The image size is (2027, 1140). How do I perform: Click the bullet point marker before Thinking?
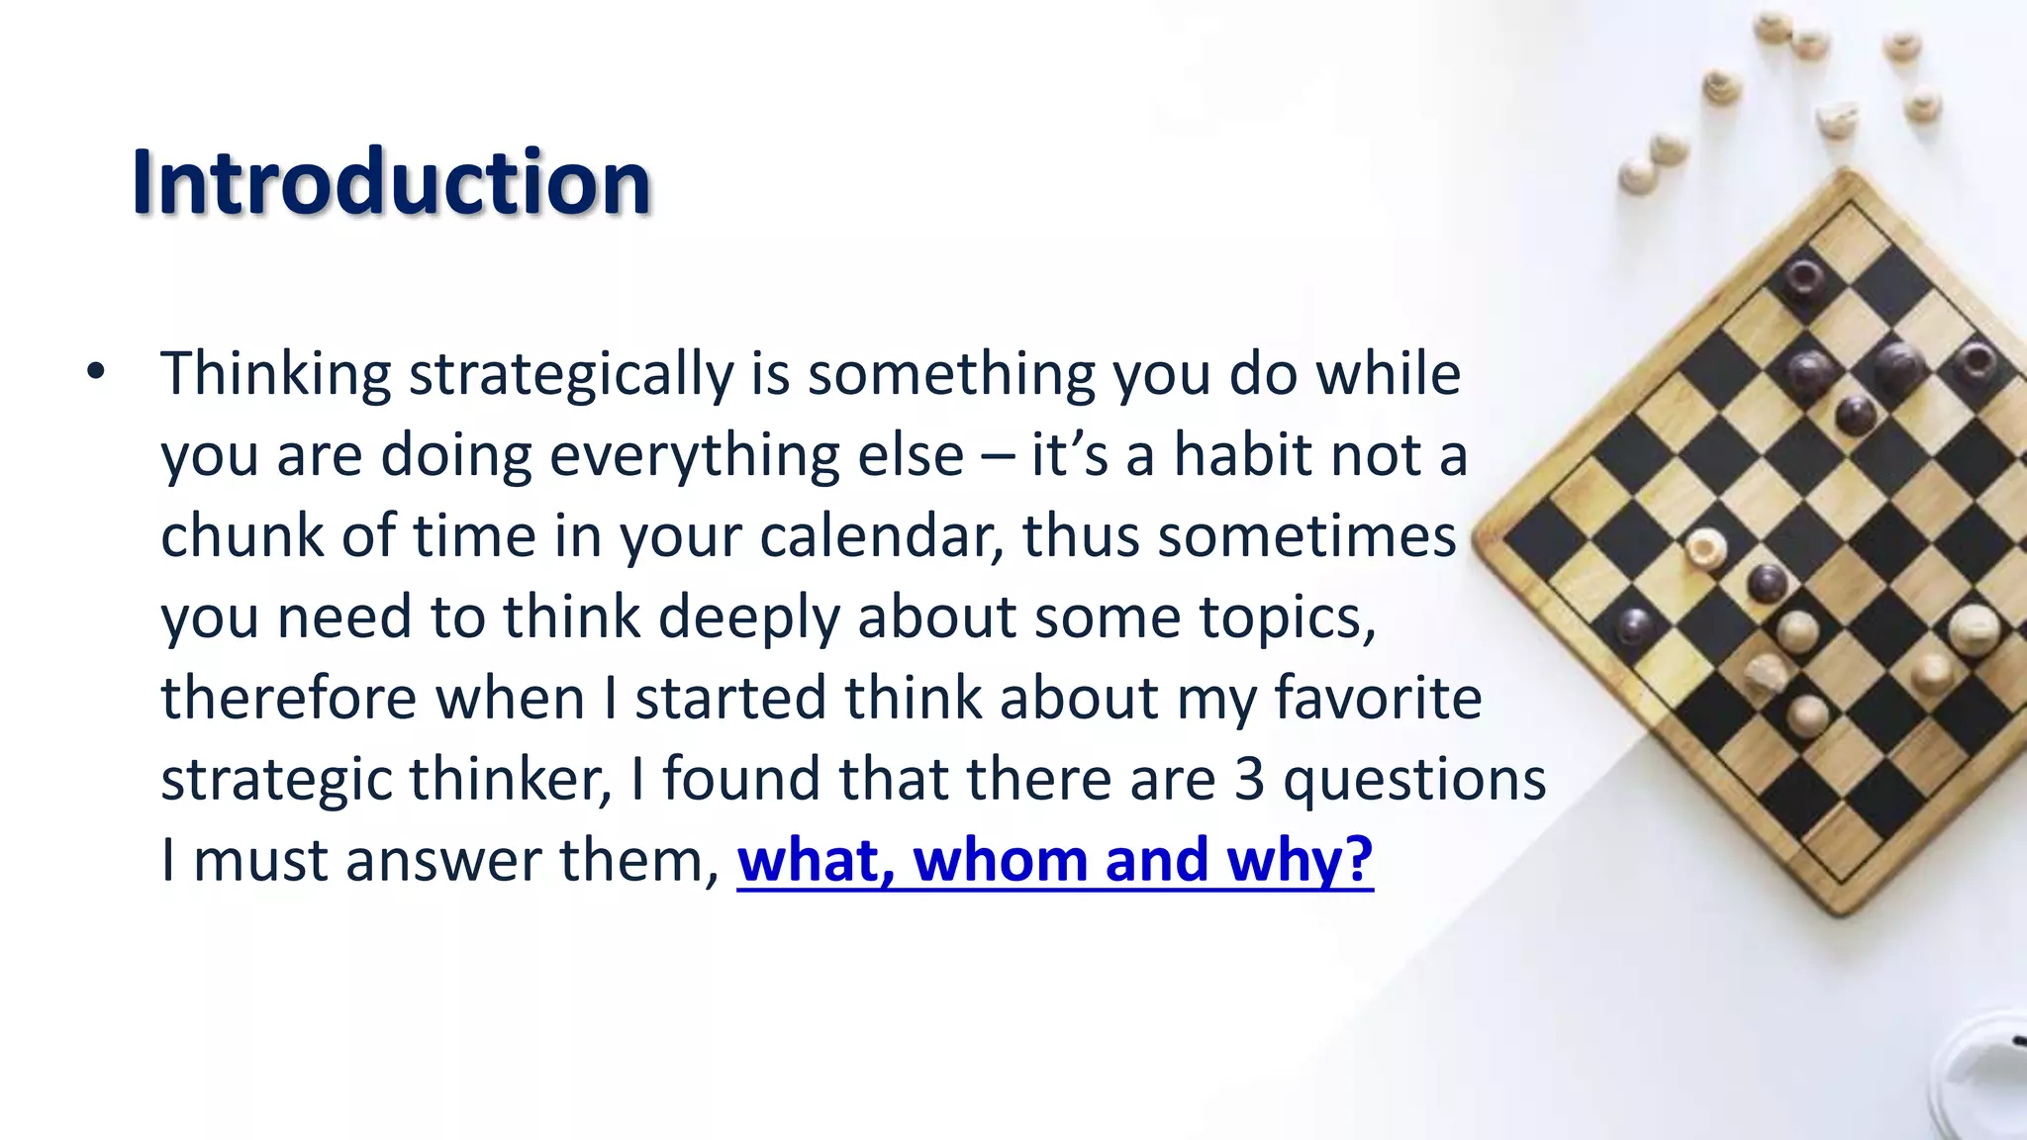[x=95, y=373]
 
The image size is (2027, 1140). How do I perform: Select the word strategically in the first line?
[x=571, y=376]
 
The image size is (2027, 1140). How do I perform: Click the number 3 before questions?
[x=1249, y=779]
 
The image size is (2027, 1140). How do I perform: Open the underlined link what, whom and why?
[x=1055, y=859]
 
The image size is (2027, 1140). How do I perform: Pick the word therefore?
[x=289, y=698]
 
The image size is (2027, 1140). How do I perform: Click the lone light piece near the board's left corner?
[x=1705, y=547]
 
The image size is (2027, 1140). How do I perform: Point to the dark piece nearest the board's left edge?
[x=1636, y=625]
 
